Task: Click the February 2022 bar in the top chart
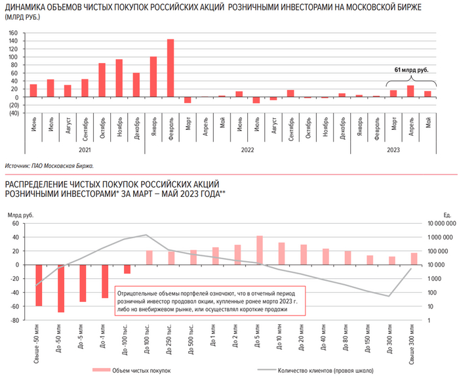tap(170, 68)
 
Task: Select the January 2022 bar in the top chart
tap(153, 77)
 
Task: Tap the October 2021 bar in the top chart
tap(102, 80)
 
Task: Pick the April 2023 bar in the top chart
tap(410, 91)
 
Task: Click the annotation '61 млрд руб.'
tap(411, 69)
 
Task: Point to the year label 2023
tap(394, 150)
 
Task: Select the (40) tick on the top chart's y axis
tap(12, 113)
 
